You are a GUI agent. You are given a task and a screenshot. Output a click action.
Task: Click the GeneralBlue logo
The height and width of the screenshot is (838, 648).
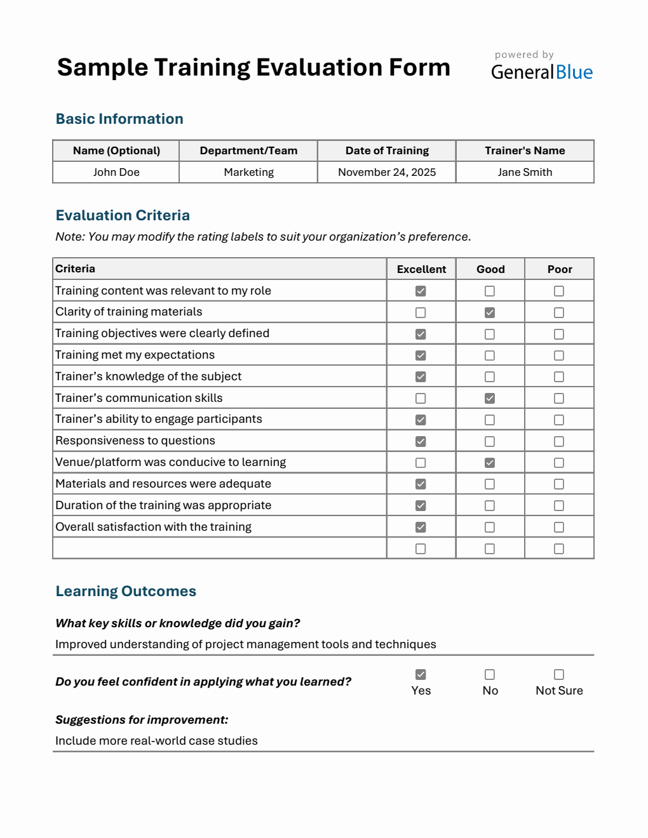(x=541, y=72)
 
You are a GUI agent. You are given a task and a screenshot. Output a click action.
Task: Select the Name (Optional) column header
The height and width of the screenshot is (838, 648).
(x=116, y=150)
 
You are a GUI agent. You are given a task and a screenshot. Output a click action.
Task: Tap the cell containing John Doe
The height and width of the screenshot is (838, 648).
(x=116, y=172)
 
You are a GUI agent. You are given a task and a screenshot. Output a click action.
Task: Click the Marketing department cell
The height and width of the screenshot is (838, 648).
(x=248, y=172)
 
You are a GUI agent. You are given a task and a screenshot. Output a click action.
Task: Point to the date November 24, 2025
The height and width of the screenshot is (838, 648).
(x=387, y=172)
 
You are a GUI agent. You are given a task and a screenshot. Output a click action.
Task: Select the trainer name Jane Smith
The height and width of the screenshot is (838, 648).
(x=525, y=172)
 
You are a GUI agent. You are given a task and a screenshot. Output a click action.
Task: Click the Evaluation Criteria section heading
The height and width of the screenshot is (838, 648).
(x=123, y=215)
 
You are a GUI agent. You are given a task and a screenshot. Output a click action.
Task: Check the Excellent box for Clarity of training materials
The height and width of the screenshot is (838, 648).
(x=421, y=312)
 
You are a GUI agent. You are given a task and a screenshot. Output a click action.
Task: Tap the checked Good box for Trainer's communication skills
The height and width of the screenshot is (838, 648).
(x=490, y=398)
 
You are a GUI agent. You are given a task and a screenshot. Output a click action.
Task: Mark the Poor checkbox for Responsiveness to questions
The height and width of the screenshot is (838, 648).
(x=559, y=441)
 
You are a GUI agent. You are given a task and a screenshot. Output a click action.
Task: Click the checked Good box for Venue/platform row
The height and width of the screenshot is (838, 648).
(x=490, y=463)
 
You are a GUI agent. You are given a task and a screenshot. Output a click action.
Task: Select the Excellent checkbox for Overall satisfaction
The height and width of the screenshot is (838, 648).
(x=421, y=527)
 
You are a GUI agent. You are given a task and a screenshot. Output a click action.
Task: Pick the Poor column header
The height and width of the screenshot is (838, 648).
(x=560, y=269)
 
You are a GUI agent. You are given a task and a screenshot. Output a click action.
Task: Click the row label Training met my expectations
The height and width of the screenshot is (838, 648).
(x=135, y=355)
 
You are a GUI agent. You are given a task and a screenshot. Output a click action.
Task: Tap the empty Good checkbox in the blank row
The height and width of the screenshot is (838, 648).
(x=490, y=549)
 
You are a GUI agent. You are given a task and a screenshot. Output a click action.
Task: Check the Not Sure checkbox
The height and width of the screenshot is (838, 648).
(x=559, y=674)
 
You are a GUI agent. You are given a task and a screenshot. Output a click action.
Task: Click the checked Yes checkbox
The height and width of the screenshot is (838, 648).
(x=421, y=674)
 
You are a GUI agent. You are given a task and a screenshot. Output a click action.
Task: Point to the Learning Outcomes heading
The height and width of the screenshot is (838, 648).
(x=126, y=591)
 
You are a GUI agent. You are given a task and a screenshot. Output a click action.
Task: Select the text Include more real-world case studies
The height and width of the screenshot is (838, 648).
(x=156, y=741)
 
